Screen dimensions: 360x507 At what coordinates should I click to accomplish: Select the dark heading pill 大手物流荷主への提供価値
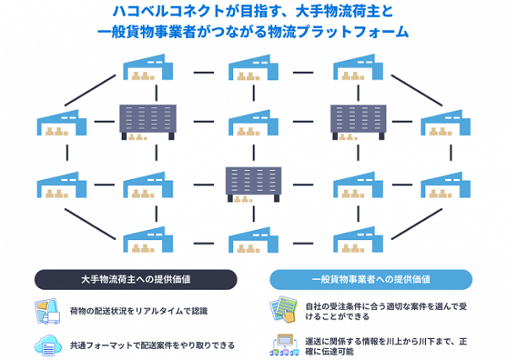point(135,278)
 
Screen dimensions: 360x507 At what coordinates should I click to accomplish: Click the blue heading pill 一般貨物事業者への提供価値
point(373,278)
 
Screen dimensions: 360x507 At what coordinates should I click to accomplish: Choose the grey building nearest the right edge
point(358,121)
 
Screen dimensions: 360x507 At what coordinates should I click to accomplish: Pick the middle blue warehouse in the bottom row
point(253,241)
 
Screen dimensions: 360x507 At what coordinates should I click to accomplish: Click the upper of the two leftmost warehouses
point(62,123)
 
